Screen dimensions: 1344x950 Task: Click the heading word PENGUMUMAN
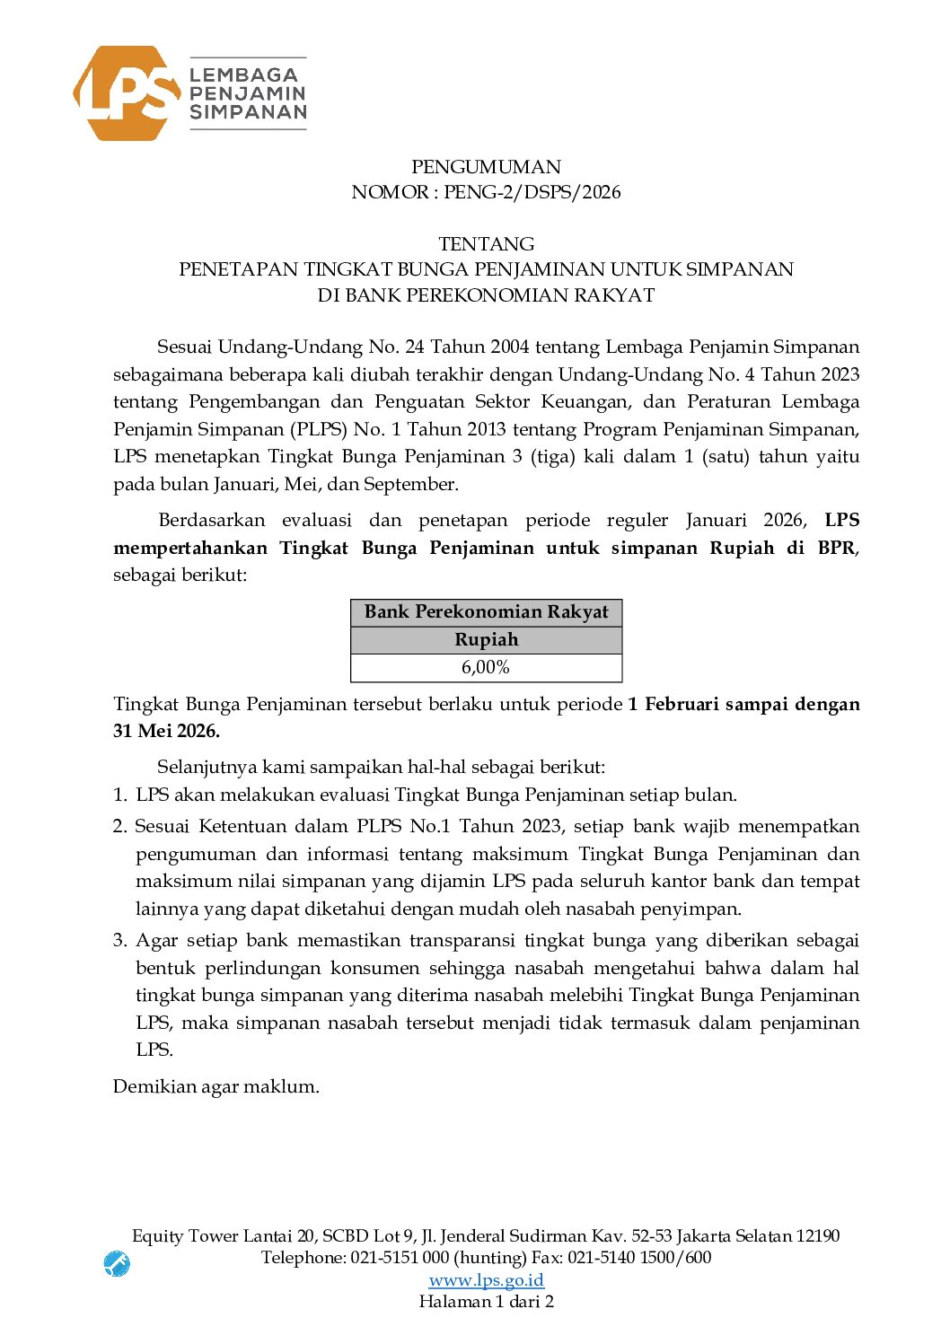click(x=486, y=167)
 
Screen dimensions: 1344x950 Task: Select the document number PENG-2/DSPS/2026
click(x=532, y=192)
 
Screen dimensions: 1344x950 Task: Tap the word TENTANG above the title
click(x=486, y=244)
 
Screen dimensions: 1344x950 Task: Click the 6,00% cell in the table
click(x=486, y=667)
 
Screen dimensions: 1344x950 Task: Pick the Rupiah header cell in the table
click(x=486, y=639)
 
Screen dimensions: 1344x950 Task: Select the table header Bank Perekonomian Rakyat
click(x=486, y=612)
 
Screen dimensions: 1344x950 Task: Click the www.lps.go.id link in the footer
click(x=486, y=1279)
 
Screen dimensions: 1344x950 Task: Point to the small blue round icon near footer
click(x=117, y=1264)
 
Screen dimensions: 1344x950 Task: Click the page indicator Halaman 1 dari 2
click(x=486, y=1301)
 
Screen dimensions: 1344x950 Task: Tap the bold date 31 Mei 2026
click(x=166, y=731)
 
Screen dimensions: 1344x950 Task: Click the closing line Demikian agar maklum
click(x=216, y=1086)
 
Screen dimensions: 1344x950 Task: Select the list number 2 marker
click(x=119, y=826)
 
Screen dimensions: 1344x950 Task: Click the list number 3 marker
click(x=119, y=940)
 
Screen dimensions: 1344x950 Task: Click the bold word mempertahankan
click(x=190, y=548)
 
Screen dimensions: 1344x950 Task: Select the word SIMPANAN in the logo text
click(x=248, y=112)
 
